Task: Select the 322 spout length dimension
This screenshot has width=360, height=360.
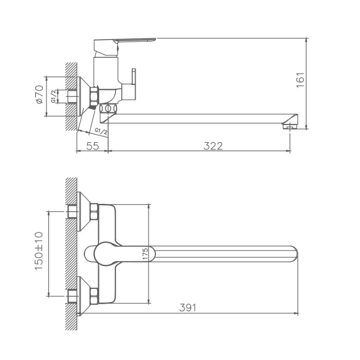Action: tap(213, 145)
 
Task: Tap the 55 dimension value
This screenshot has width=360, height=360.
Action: tap(92, 145)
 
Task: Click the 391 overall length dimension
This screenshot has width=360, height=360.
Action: tap(188, 307)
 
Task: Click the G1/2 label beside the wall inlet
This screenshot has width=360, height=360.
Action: tap(53, 96)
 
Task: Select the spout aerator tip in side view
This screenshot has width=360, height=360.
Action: tap(288, 126)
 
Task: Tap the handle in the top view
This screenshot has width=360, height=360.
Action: tap(106, 253)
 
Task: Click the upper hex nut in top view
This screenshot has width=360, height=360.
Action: tap(94, 212)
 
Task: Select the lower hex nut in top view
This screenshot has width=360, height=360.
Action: tap(94, 296)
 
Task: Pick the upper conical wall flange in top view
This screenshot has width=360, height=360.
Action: tap(83, 211)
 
